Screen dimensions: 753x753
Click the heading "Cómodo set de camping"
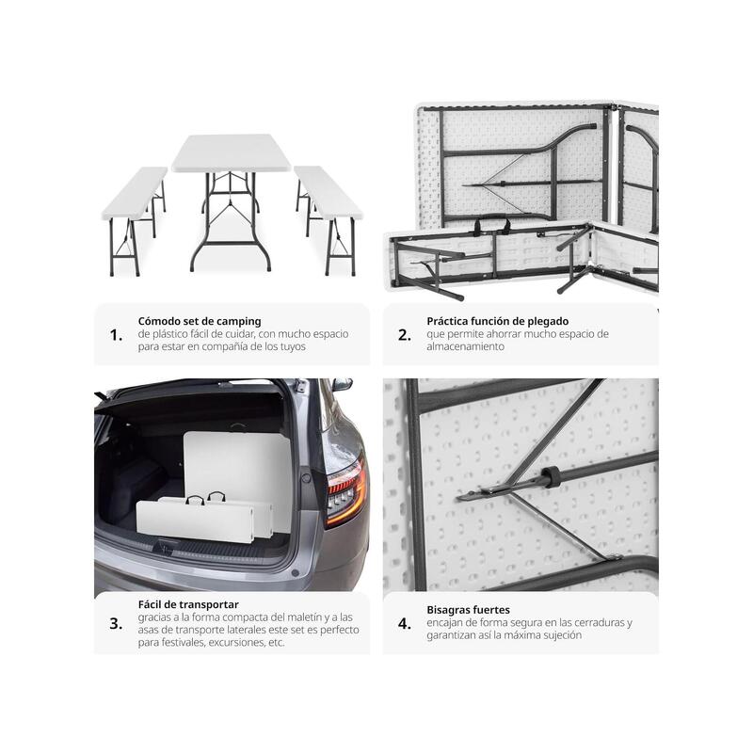coord(200,321)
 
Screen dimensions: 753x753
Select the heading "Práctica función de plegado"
coord(498,321)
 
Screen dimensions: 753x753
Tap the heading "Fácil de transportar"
coord(188,604)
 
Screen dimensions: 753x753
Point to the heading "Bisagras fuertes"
coord(468,610)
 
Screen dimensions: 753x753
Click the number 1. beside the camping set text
coord(116,335)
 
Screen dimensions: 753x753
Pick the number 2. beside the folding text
coord(405,335)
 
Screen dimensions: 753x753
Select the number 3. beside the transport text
coord(116,623)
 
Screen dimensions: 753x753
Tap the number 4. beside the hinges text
coord(405,623)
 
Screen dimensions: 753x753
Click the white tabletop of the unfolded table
coord(231,152)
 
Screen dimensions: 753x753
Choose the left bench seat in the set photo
coord(136,192)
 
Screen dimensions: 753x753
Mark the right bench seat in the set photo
coord(328,192)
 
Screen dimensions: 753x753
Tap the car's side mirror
coord(342,384)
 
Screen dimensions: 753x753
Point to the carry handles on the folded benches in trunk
coord(206,498)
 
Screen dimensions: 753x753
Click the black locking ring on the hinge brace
coord(549,476)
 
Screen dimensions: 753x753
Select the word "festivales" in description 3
coord(183,642)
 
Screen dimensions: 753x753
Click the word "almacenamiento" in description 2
coord(465,346)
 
